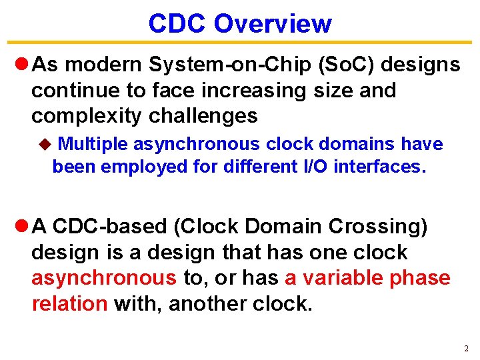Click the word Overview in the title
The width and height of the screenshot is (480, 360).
(x=273, y=23)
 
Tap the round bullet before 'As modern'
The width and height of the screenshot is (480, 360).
(x=20, y=65)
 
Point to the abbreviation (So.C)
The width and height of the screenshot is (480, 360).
(x=342, y=64)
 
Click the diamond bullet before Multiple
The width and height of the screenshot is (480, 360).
(x=45, y=144)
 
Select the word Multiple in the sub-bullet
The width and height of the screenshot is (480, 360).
(x=93, y=144)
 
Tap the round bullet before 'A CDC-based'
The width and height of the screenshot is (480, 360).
(x=20, y=227)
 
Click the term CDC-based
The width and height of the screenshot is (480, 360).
(x=109, y=227)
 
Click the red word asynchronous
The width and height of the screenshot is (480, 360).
(x=104, y=279)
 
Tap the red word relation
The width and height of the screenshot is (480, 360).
(x=69, y=304)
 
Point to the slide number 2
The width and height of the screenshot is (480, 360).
(x=466, y=349)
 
